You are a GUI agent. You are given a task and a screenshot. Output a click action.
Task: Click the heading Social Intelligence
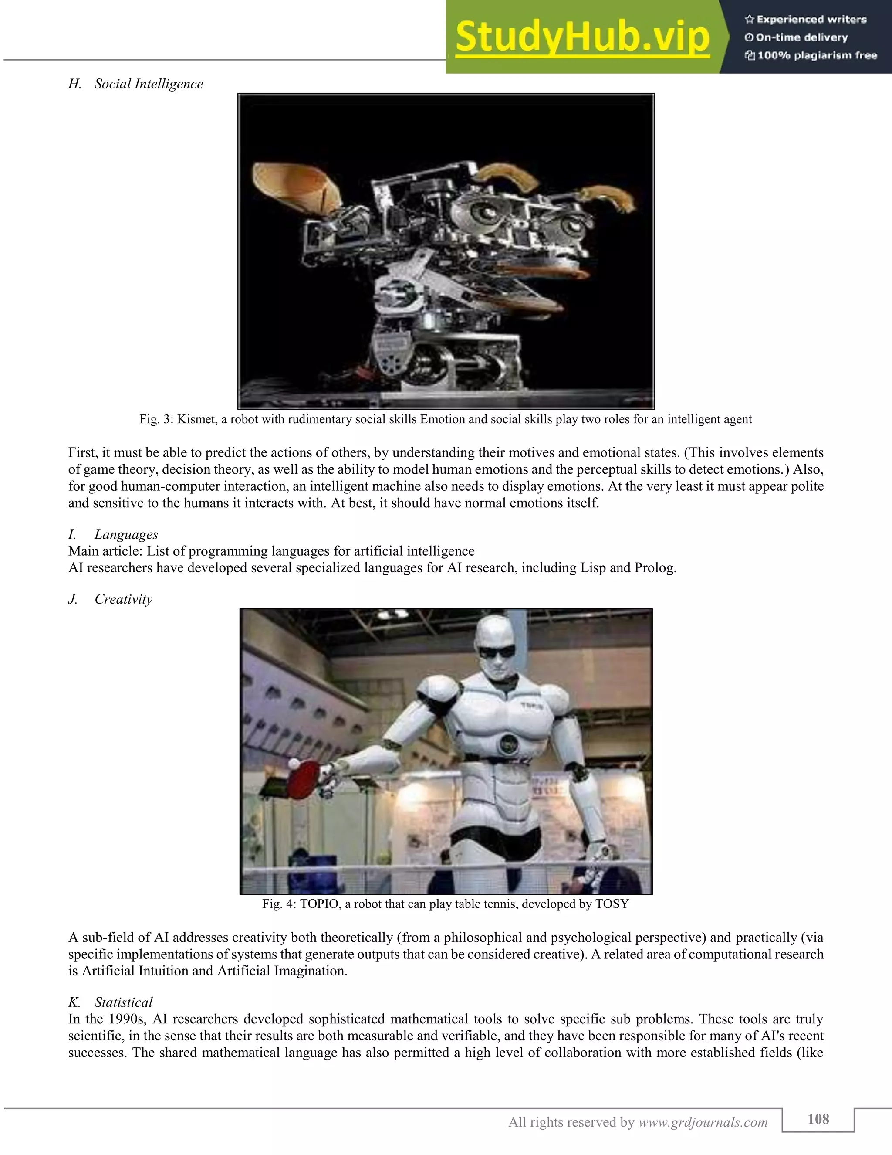click(x=149, y=84)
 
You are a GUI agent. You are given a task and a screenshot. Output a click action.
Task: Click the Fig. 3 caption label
click(x=156, y=419)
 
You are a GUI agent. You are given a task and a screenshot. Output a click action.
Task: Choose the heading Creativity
click(x=123, y=599)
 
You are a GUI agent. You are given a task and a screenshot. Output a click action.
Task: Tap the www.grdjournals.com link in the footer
click(x=703, y=1122)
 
